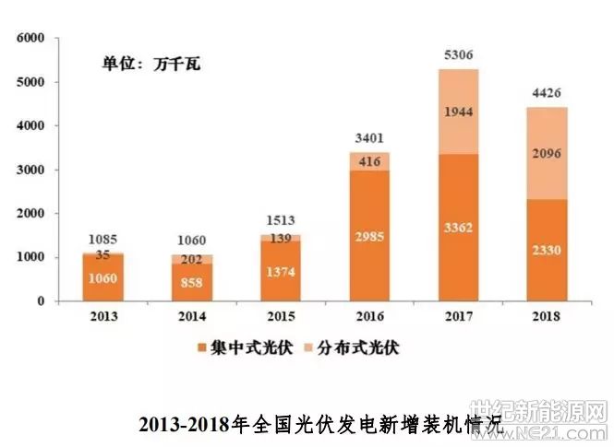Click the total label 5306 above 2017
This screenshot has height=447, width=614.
tap(459, 55)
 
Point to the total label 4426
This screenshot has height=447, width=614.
tap(548, 93)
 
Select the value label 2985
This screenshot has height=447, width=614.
tap(369, 238)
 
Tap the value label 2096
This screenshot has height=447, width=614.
tap(548, 153)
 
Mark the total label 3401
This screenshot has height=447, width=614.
tap(369, 139)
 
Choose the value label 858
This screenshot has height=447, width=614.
tap(192, 280)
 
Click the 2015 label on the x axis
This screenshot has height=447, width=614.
tap(281, 318)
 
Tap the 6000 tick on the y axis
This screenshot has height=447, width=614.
tap(30, 39)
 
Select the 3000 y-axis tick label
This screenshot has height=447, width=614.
tap(30, 171)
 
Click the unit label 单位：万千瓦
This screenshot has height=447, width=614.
tap(150, 65)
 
